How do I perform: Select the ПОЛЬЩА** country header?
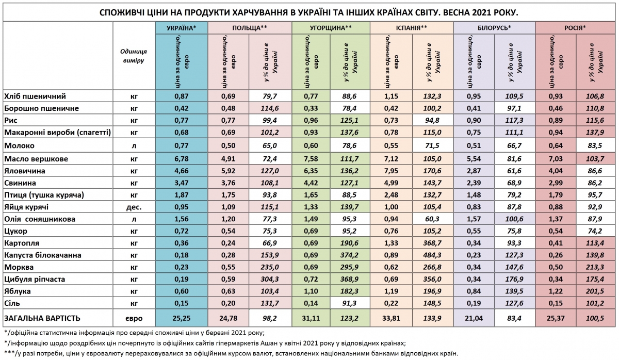249,28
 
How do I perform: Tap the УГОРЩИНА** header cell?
331,28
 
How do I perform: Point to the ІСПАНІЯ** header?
411,28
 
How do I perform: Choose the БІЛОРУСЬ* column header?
494,28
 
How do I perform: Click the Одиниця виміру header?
134,56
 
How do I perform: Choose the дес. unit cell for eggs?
134,206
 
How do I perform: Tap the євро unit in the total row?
134,318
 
